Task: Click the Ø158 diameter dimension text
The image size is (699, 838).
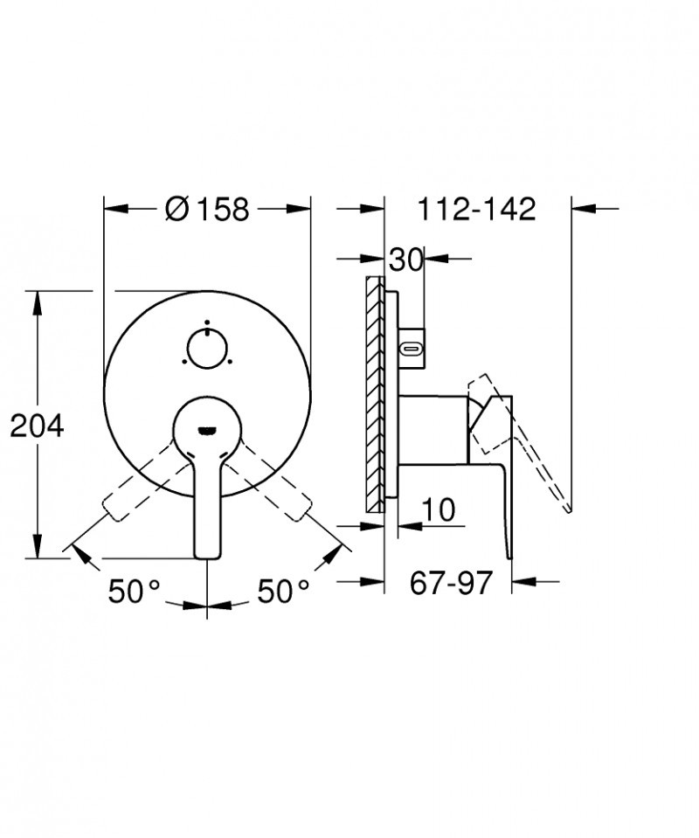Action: tap(207, 210)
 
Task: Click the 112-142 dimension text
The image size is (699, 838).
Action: tap(475, 210)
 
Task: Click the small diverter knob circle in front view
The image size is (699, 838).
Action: tap(207, 350)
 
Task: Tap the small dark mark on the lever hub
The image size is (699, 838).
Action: tap(207, 429)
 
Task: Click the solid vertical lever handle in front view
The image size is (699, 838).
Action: tap(207, 507)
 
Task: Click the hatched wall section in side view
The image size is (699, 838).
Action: tap(374, 393)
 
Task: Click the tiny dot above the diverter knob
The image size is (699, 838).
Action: tap(207, 322)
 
